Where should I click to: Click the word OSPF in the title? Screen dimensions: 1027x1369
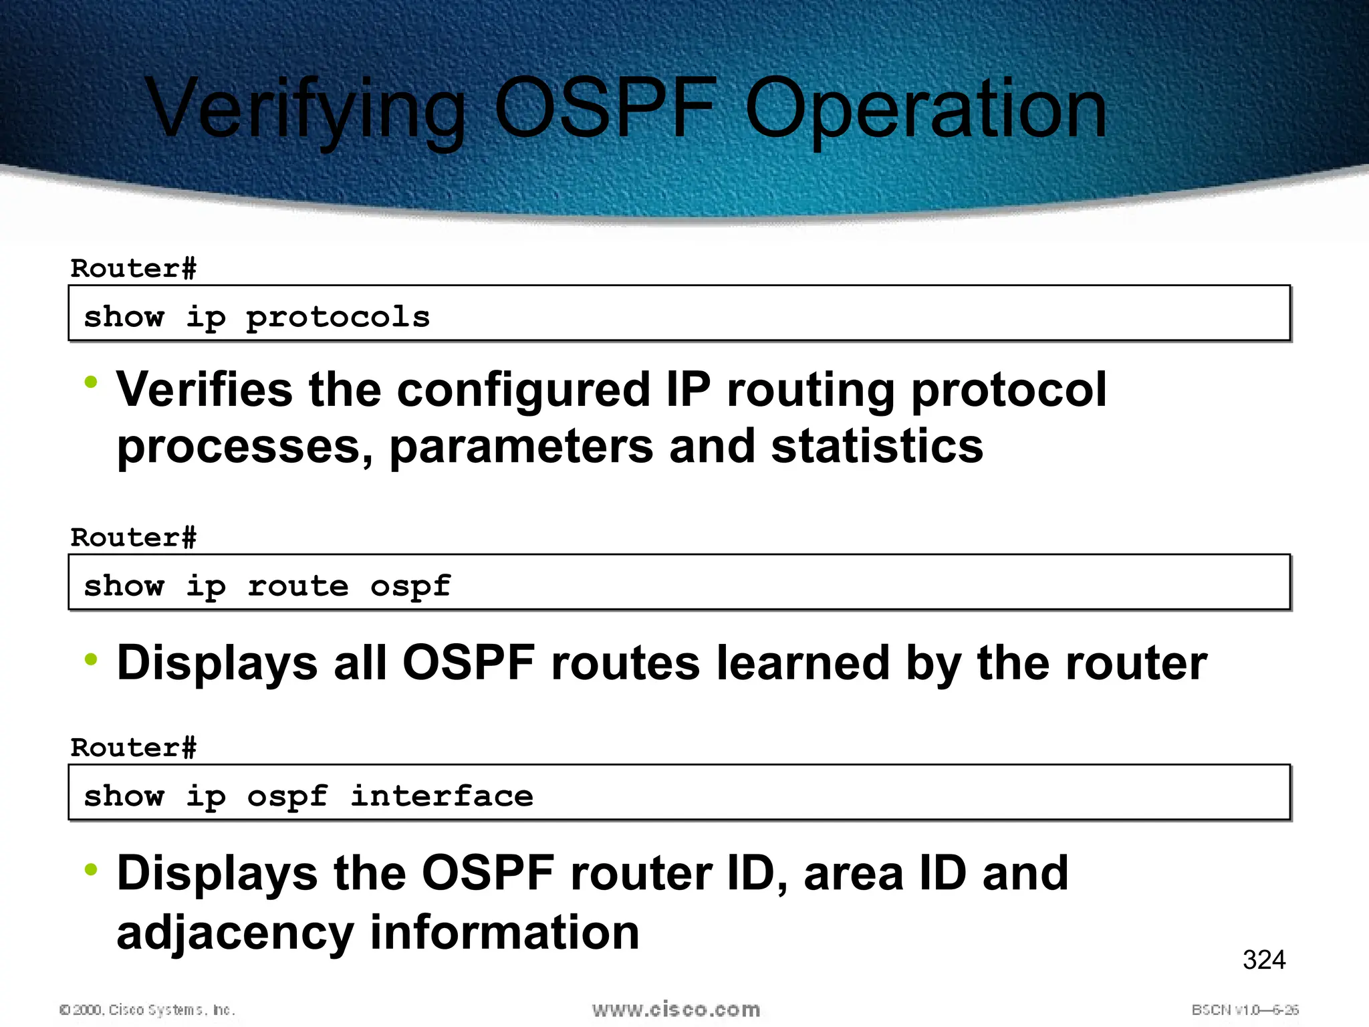[605, 108]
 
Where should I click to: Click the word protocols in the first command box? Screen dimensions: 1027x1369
[338, 318]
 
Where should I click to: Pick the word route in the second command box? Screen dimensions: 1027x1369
[298, 586]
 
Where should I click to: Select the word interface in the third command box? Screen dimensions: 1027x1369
[442, 796]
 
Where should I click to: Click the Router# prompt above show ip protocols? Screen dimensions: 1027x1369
[134, 269]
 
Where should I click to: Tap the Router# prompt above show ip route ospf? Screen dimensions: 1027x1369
[134, 538]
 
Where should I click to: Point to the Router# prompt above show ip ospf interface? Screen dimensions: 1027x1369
[134, 748]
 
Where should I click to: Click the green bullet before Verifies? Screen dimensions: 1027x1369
[91, 383]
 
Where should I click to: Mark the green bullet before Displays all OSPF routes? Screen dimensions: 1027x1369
[91, 659]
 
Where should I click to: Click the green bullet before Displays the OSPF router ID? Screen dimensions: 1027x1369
[91, 869]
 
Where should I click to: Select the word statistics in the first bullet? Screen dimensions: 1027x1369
[877, 447]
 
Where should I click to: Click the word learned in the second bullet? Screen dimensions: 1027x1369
[802, 663]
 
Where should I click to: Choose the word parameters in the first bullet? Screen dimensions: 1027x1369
[521, 447]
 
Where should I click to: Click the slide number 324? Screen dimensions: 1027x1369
[1263, 960]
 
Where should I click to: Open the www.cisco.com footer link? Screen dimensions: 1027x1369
[676, 1010]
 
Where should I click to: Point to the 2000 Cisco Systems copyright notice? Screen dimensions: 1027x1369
[147, 1010]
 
